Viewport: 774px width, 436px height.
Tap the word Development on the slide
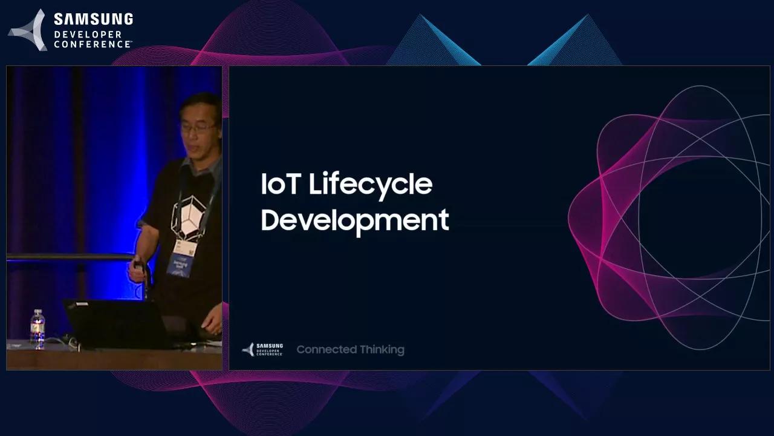(x=354, y=220)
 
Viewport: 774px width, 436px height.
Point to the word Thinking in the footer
(x=382, y=349)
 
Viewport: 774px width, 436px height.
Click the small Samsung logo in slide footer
(x=262, y=349)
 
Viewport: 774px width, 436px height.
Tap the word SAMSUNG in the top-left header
(x=93, y=19)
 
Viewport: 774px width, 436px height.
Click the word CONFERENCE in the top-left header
(x=92, y=44)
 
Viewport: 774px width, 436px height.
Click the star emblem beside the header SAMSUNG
(x=28, y=30)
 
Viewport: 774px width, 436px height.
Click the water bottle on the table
(x=37, y=329)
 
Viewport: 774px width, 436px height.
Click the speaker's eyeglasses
(x=198, y=128)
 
